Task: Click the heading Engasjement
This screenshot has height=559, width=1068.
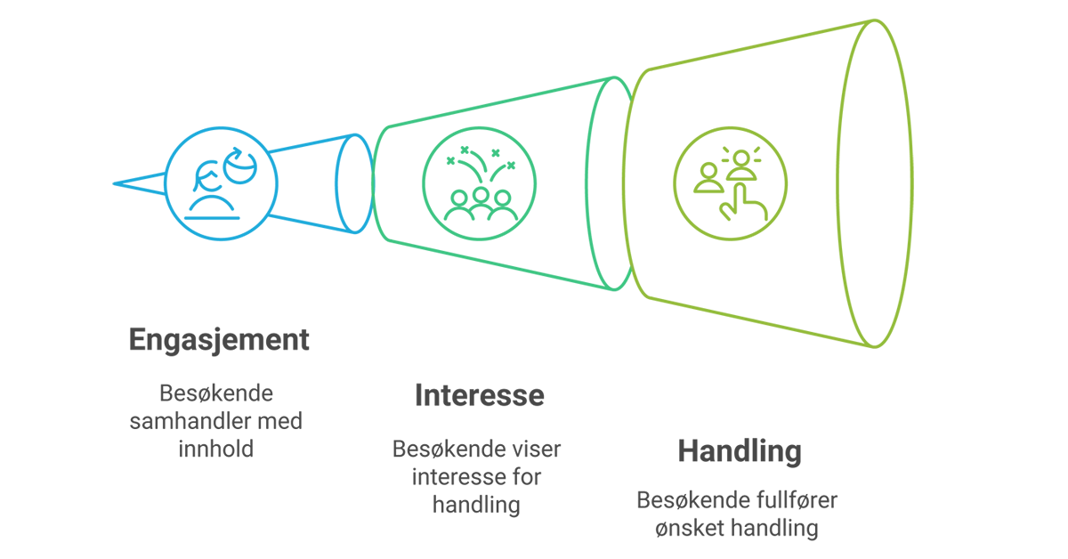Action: coord(219,341)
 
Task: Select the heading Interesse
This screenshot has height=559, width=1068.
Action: coord(479,395)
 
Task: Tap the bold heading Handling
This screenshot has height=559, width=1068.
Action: coord(740,451)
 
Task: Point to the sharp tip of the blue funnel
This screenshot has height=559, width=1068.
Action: coord(114,183)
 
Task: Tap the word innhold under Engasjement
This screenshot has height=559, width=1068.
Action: coord(216,450)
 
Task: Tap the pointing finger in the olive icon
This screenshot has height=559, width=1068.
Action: coord(743,203)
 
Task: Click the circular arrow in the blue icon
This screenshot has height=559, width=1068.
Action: coord(240,165)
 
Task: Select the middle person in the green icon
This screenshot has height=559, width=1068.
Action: coord(481,202)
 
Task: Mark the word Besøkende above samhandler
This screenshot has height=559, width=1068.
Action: coord(216,394)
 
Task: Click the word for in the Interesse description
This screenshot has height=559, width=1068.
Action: coord(527,477)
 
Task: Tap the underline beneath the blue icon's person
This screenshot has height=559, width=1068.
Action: coord(212,218)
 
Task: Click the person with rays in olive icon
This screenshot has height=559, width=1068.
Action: coord(741,165)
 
